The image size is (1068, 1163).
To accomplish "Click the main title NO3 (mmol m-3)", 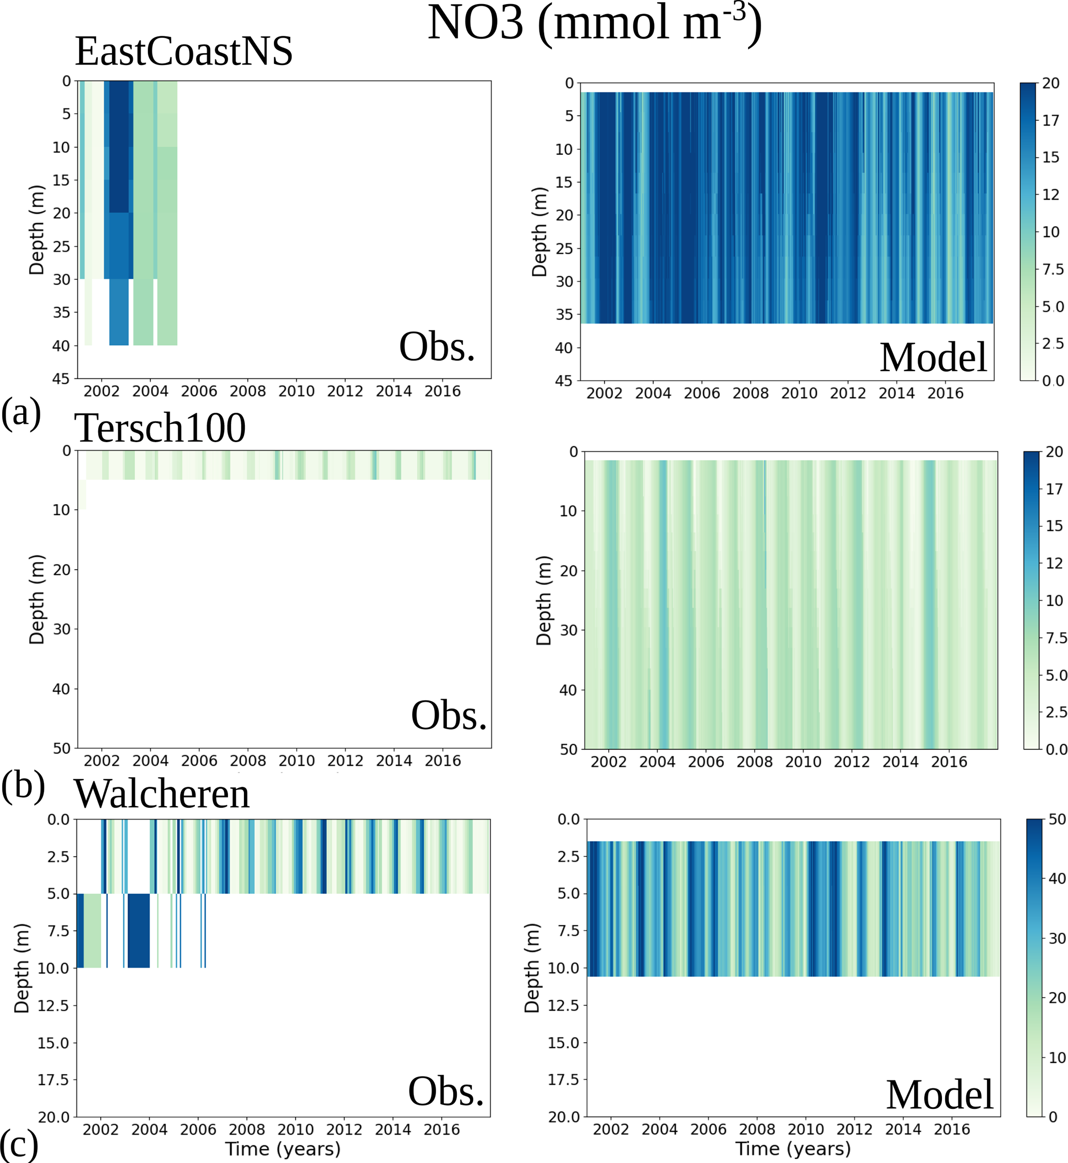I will click(594, 24).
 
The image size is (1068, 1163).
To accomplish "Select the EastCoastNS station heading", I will click(184, 52).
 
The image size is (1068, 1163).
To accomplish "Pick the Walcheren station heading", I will click(162, 794).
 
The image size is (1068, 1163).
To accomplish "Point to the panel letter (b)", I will click(23, 785).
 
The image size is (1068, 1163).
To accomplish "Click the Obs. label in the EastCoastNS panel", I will click(437, 347).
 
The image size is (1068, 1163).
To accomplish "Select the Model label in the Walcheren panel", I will click(939, 1095).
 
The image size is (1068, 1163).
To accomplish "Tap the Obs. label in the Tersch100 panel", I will click(449, 715).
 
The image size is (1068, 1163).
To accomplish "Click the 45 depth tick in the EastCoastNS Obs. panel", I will click(61, 379).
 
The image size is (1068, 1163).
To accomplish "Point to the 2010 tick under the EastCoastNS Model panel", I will click(799, 394).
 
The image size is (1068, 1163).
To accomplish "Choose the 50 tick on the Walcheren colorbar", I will click(1057, 820).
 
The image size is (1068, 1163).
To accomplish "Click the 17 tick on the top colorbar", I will click(1050, 121).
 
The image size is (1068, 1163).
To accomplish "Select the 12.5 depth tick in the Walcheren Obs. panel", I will click(53, 1006).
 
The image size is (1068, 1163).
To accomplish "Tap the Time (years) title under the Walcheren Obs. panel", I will click(283, 1149).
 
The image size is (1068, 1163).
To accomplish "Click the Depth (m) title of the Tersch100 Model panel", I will click(543, 600).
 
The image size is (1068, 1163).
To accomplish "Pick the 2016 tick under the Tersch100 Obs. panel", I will click(443, 761).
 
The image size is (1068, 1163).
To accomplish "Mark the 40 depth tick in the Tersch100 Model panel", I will click(568, 690).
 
